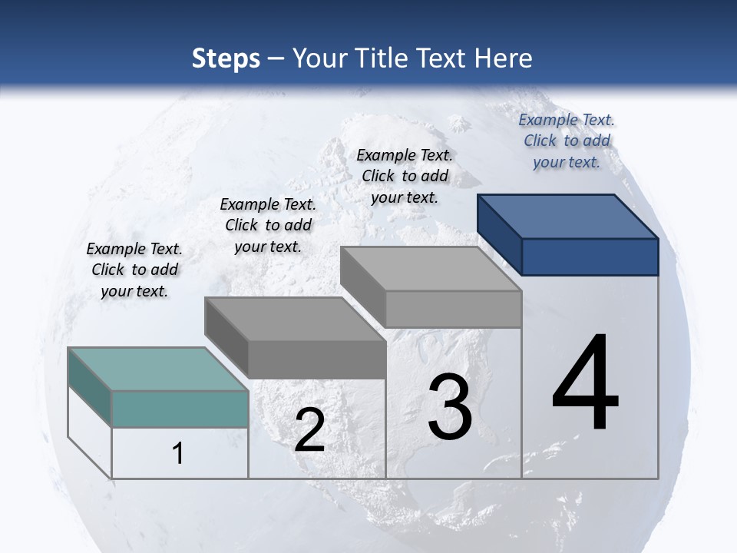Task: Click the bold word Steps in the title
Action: coord(226,58)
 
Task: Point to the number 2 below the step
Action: coord(309,430)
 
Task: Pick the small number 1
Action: coord(177,453)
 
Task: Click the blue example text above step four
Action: coord(567,141)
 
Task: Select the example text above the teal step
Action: coord(134,270)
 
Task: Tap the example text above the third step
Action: coord(405,176)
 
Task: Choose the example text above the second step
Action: coord(268,225)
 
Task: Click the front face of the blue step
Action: coord(590,257)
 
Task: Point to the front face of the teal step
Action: coord(180,409)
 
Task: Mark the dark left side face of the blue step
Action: coord(499,233)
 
